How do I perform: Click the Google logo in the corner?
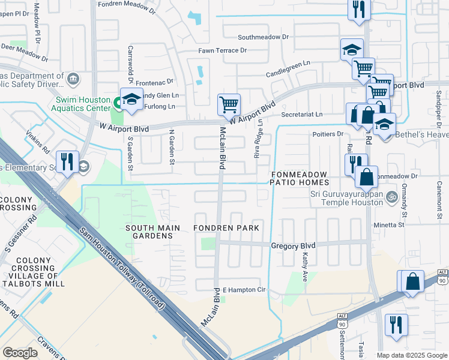tap(20, 353)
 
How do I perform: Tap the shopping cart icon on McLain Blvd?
tap(229, 104)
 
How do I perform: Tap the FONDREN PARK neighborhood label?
tap(226, 228)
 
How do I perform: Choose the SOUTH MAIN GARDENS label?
tap(149, 232)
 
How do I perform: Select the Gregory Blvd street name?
tap(293, 246)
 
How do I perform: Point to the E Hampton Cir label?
tap(244, 290)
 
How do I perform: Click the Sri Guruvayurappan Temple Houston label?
tap(346, 198)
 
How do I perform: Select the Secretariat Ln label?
tap(302, 114)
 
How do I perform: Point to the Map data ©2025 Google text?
tap(412, 355)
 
